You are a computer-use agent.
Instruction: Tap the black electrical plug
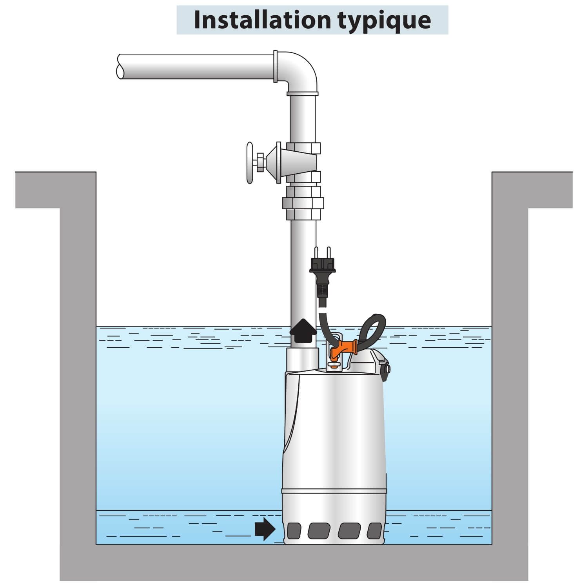(x=323, y=274)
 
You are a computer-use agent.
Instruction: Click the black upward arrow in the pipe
(x=303, y=331)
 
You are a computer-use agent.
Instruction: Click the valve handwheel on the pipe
(x=250, y=163)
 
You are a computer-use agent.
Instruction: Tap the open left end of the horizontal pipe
(x=120, y=66)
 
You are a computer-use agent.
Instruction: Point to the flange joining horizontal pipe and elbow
(x=276, y=67)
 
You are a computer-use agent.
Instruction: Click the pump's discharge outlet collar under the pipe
(x=303, y=358)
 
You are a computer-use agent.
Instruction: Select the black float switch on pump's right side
(x=385, y=370)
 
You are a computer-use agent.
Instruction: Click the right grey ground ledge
(x=532, y=190)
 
